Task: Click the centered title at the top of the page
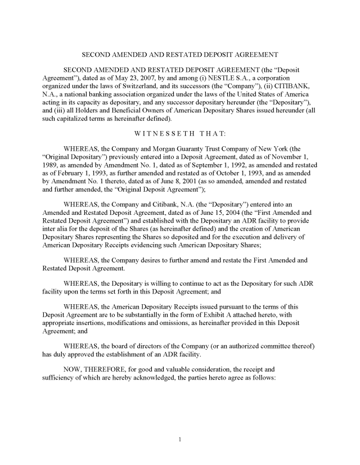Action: (x=180, y=55)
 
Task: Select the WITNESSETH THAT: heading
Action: (x=180, y=133)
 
